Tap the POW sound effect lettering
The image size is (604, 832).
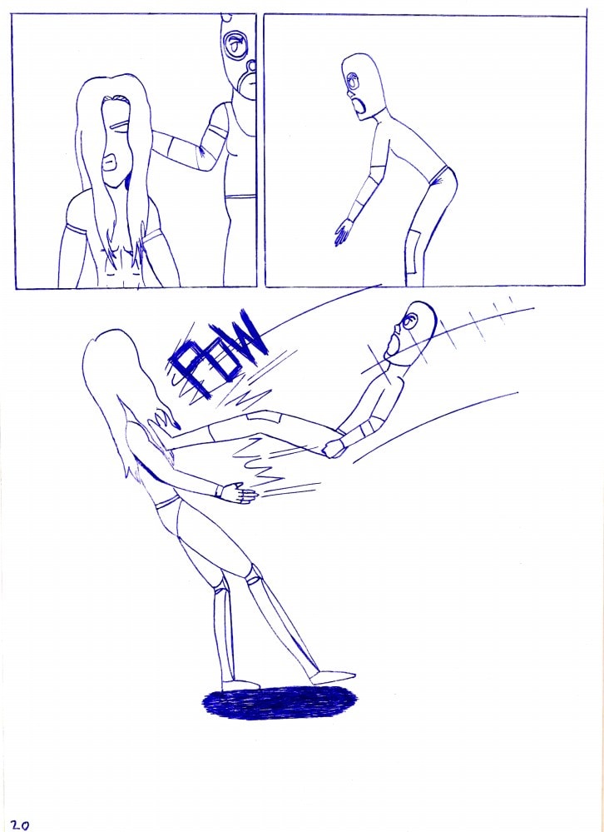click(x=217, y=355)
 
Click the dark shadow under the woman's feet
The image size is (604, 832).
click(x=280, y=702)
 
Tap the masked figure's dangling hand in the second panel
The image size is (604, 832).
click(x=343, y=232)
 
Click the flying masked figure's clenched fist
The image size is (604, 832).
click(x=333, y=448)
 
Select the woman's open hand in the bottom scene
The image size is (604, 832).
click(x=240, y=495)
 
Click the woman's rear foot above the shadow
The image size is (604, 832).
click(x=240, y=685)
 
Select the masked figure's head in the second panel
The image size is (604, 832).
click(x=362, y=85)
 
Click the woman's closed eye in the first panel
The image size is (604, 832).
click(x=121, y=126)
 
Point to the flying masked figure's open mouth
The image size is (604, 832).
click(x=393, y=344)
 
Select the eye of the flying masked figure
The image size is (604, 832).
click(x=409, y=320)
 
